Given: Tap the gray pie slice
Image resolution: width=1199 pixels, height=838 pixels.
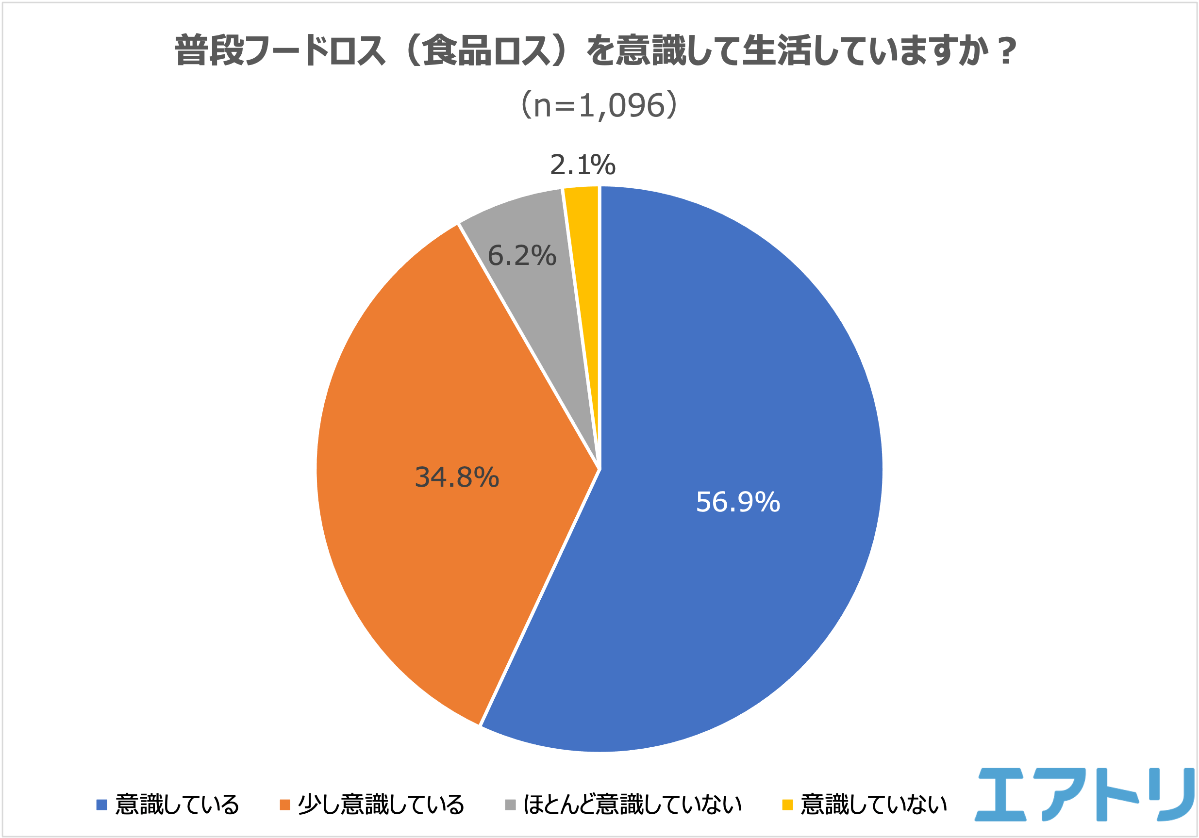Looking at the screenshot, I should pos(533,293).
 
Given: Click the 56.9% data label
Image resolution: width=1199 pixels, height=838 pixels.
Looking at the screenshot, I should pos(738,502).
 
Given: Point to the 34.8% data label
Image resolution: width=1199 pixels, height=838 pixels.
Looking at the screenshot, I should pos(457,477).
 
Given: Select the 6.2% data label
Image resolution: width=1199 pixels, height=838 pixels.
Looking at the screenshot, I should pos(522,256).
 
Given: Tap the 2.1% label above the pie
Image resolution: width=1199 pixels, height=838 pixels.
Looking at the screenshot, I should pos(583,165).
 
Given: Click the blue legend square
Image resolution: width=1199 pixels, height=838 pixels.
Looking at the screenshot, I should pos(102,805).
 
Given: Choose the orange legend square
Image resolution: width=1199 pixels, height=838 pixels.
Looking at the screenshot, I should pos(284,805).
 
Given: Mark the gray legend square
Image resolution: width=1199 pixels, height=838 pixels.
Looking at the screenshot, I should pos(511,805).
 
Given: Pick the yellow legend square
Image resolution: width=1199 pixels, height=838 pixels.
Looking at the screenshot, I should pos(787,805).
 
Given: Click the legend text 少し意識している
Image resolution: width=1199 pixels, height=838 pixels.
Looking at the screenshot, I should pos(381,805).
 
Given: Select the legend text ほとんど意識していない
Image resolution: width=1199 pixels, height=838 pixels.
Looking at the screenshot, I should pos(633,805).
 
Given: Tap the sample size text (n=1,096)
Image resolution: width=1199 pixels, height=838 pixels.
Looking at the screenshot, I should pos(599,105).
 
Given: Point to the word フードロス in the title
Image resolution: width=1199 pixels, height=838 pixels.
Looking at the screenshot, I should pos(316,51).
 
